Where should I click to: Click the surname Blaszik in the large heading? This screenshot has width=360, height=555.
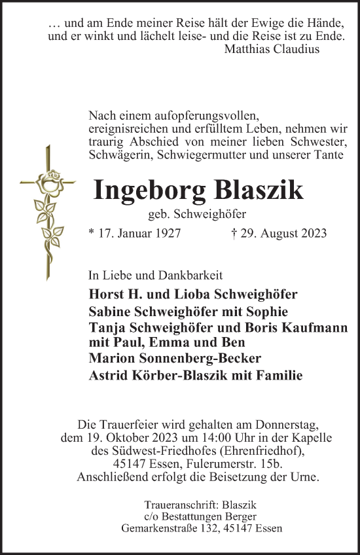coord(258,190)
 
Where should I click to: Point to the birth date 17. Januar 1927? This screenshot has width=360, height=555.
coord(134,232)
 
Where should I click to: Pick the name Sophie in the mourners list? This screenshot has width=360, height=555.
coord(267,312)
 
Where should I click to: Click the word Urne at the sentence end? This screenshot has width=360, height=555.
coord(304,478)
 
